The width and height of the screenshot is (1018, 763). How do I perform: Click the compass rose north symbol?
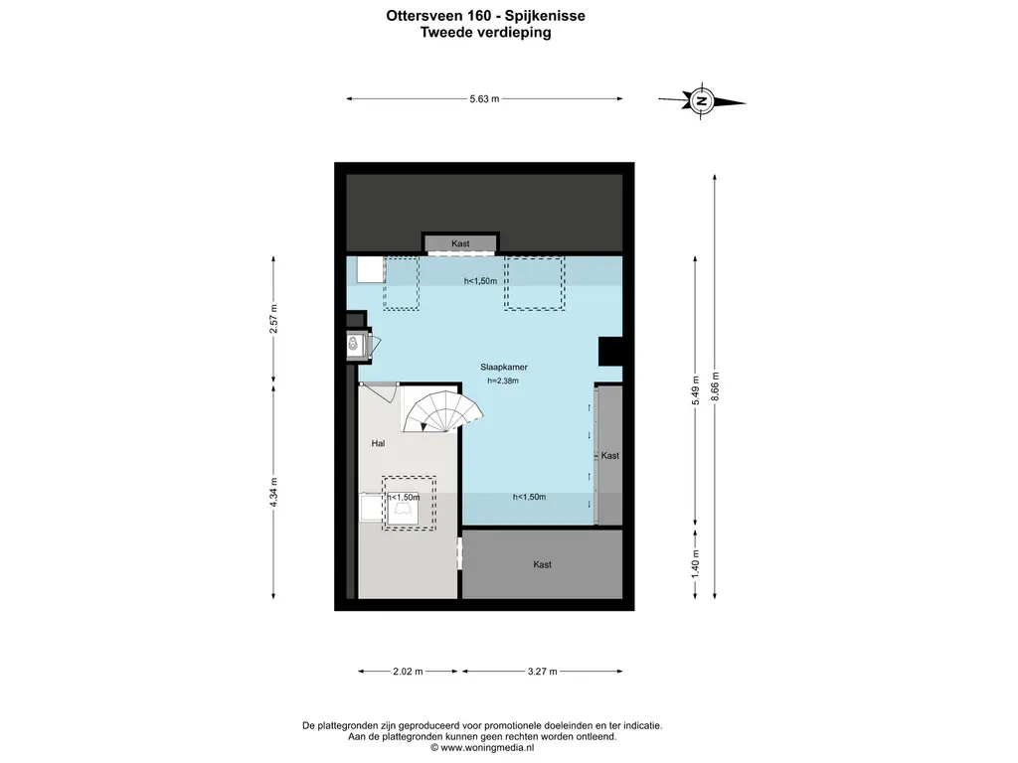[702, 101]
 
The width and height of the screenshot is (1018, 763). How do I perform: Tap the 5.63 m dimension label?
[484, 99]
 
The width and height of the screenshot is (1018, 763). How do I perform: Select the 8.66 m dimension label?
[715, 386]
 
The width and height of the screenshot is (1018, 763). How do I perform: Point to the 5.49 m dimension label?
[695, 391]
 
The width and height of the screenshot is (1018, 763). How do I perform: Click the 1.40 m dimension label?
[695, 564]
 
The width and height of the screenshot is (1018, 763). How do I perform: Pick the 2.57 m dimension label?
[273, 319]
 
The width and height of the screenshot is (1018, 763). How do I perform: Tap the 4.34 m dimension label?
[273, 493]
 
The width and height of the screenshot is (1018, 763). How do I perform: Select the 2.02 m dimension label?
[408, 672]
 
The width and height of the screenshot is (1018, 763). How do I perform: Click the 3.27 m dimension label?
[542, 672]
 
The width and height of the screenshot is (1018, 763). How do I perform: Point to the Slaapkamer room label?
[504, 368]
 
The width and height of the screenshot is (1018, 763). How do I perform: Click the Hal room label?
[378, 444]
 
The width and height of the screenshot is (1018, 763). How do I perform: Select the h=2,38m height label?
[503, 381]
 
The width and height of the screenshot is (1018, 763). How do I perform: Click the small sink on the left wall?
[355, 343]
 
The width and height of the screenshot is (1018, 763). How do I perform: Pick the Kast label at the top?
[460, 244]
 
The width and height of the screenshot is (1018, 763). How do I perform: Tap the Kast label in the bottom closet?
[542, 564]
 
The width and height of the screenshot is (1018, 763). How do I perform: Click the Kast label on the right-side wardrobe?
[609, 455]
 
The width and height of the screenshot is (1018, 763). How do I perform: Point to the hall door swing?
[379, 391]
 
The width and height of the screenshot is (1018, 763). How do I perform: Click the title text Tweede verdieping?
[485, 33]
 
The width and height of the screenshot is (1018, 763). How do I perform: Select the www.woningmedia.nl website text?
[487, 747]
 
